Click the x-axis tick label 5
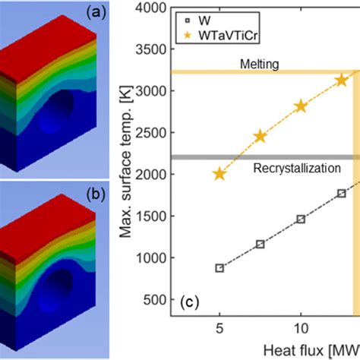(x=219, y=329)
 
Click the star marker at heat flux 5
(x=219, y=174)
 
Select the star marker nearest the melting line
(x=342, y=80)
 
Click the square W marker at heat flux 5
(x=219, y=268)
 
